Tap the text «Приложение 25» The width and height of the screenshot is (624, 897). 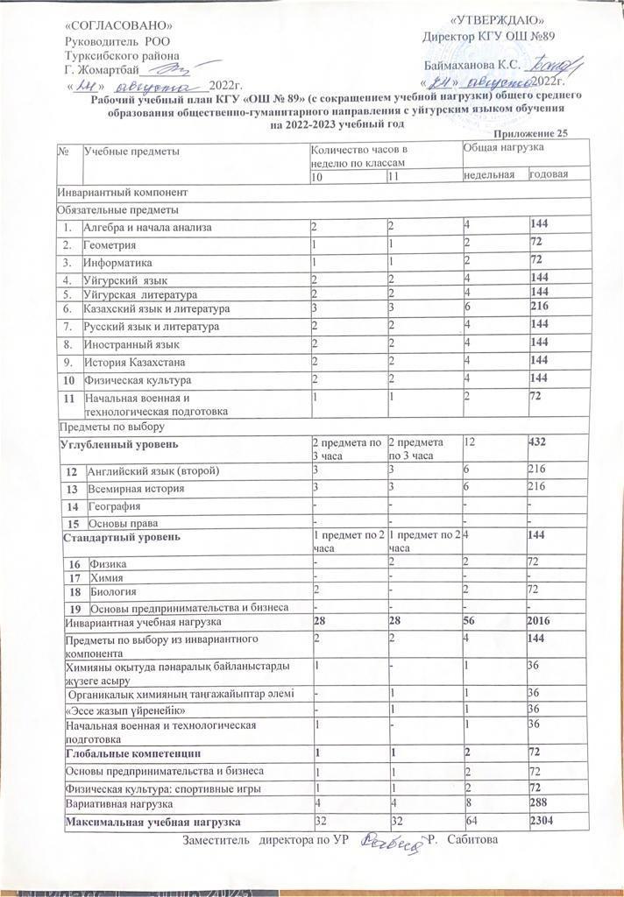tap(527, 132)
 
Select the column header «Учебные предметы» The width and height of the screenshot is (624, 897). tap(131, 152)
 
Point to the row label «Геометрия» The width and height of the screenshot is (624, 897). tap(111, 245)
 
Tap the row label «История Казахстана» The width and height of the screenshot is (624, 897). tap(134, 362)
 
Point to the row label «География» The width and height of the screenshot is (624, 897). tap(113, 506)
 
